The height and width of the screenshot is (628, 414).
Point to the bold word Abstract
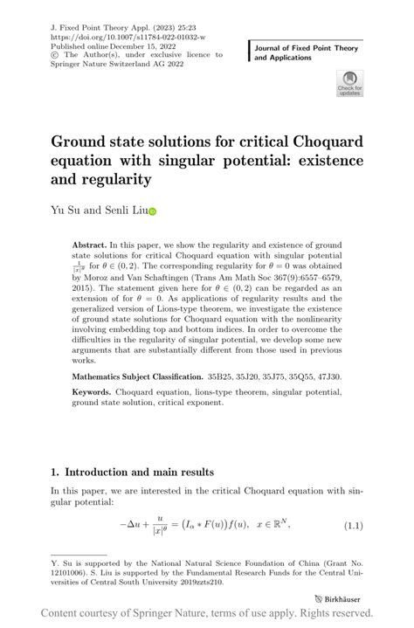(90, 247)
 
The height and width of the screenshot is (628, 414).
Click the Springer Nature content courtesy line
(207, 614)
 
